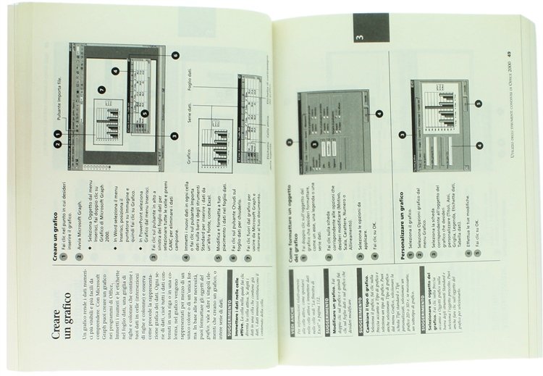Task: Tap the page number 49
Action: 509,54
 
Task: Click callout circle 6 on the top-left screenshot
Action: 175,55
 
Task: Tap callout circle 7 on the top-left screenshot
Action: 102,91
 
